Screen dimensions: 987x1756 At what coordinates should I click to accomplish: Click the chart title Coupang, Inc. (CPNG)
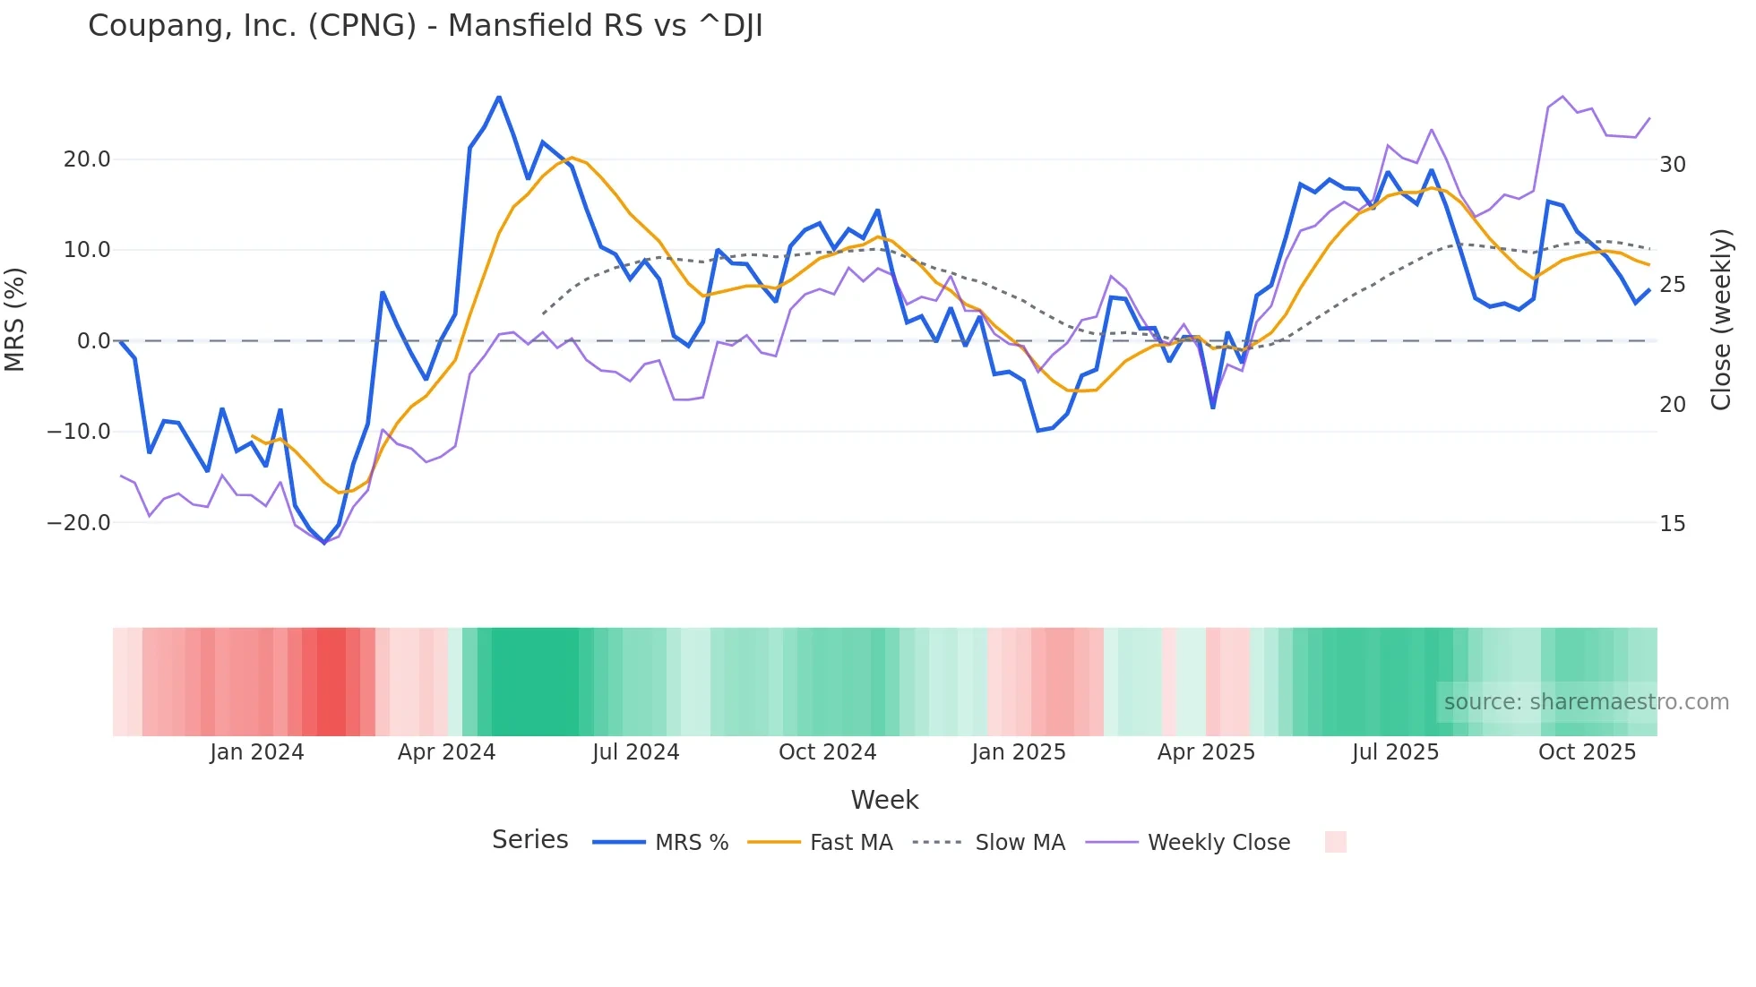click(425, 26)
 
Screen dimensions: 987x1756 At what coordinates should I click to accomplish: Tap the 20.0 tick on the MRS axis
click(87, 159)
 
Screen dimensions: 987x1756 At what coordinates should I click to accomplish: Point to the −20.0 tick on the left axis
click(79, 523)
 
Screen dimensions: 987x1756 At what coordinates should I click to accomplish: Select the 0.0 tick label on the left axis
click(93, 341)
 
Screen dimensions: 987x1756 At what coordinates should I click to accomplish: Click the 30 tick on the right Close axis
click(1672, 165)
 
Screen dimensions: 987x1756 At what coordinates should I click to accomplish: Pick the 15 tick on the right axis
click(1672, 524)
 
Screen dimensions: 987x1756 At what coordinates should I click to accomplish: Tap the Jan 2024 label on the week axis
click(257, 752)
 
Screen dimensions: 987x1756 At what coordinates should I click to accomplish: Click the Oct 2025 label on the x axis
click(1587, 752)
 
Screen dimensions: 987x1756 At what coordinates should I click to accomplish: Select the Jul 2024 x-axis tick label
click(635, 752)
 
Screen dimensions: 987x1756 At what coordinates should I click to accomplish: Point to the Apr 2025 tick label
click(1206, 752)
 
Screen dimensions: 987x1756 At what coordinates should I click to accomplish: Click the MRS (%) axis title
click(15, 319)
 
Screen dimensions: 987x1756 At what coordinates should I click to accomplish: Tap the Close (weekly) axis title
click(1721, 319)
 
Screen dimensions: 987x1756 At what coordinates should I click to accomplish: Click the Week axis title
click(884, 800)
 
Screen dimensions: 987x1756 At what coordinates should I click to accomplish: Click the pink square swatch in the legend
click(1335, 842)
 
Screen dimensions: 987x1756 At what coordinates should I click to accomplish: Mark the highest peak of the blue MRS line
click(499, 97)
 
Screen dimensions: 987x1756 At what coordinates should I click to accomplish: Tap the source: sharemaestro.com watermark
click(1586, 702)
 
